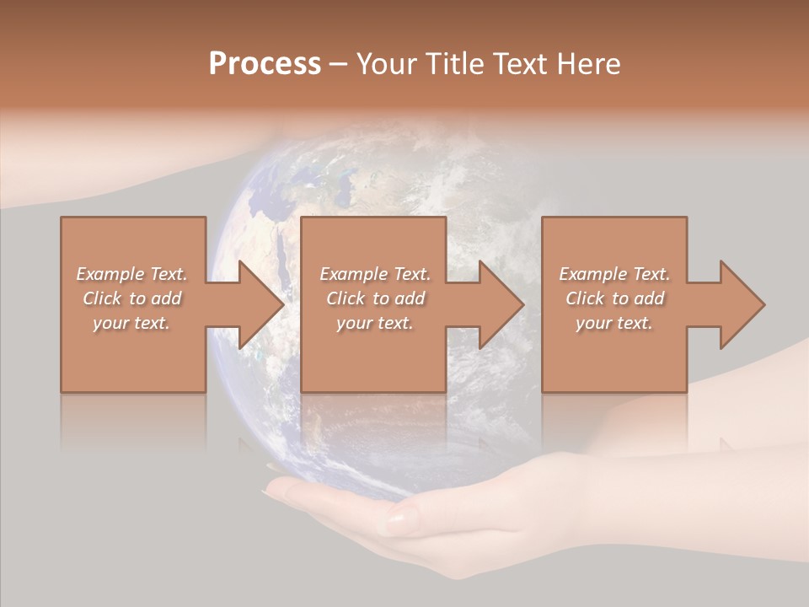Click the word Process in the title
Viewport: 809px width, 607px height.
pyautogui.click(x=265, y=64)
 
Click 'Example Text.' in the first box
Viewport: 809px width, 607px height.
pyautogui.click(x=132, y=274)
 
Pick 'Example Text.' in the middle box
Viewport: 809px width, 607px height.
pyautogui.click(x=375, y=274)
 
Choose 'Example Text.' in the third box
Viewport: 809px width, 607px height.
pyautogui.click(x=614, y=274)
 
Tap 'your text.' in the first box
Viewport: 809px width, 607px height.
pyautogui.click(x=132, y=323)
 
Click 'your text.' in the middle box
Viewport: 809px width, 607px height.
pyautogui.click(x=375, y=323)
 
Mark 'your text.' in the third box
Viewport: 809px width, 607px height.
pyautogui.click(x=614, y=323)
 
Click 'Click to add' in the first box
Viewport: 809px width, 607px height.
pyautogui.click(x=132, y=298)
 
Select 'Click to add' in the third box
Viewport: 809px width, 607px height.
pyautogui.click(x=614, y=298)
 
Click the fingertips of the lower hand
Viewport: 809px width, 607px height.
pyautogui.click(x=282, y=489)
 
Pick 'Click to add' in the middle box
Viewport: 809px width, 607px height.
pyautogui.click(x=375, y=298)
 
